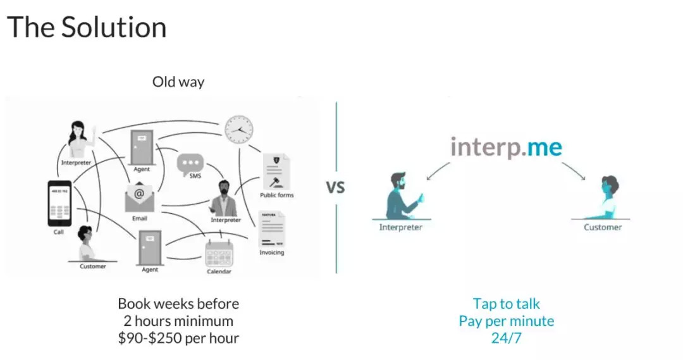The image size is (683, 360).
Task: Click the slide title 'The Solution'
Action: [x=87, y=27]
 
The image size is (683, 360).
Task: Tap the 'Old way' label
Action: [x=178, y=82]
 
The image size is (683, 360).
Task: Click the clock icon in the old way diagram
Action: [x=238, y=130]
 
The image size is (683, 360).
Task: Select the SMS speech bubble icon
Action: [x=190, y=163]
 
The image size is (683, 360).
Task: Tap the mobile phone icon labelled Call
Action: [x=59, y=203]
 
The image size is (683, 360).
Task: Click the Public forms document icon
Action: [x=276, y=171]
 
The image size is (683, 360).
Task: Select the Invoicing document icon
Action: [x=272, y=229]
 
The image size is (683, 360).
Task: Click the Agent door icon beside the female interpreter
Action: [x=142, y=147]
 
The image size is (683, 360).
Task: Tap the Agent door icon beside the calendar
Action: [x=150, y=247]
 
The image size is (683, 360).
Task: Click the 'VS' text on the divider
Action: [x=335, y=187]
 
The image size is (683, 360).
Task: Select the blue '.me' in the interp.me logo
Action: [x=542, y=147]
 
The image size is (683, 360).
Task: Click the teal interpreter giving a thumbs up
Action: [x=403, y=196]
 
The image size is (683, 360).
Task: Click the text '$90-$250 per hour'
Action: [x=178, y=338]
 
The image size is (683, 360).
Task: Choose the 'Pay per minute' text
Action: [x=506, y=321]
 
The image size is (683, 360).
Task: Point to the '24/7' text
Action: [x=506, y=338]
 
